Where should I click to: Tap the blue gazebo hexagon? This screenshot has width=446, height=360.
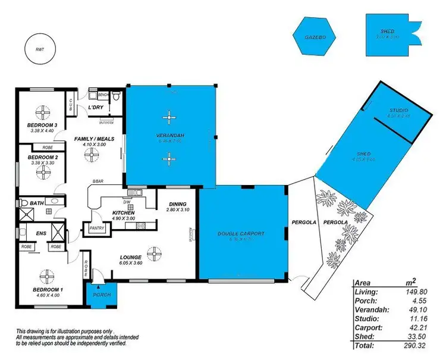click(x=313, y=36)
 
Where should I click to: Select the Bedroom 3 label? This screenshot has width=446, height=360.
click(x=41, y=125)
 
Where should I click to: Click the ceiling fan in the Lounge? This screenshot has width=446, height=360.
click(x=155, y=256)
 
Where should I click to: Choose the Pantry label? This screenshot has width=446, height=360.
click(x=95, y=227)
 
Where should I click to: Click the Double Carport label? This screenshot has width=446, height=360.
click(x=241, y=234)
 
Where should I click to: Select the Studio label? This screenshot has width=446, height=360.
click(x=398, y=111)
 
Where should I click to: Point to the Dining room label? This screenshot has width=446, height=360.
click(x=178, y=204)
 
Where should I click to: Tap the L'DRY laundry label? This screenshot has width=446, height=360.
click(x=96, y=107)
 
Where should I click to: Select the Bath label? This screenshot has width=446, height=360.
click(x=36, y=204)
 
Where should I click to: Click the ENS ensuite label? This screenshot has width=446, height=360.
click(x=42, y=234)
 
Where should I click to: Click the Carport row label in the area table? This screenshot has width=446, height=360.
click(x=368, y=327)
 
